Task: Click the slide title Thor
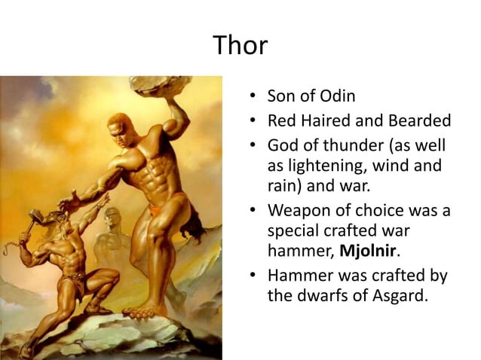pos(240,46)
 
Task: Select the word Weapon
pos(300,210)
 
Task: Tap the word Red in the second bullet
pos(282,121)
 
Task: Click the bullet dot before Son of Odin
pos(253,97)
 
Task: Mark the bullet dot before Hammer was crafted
pos(253,276)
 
